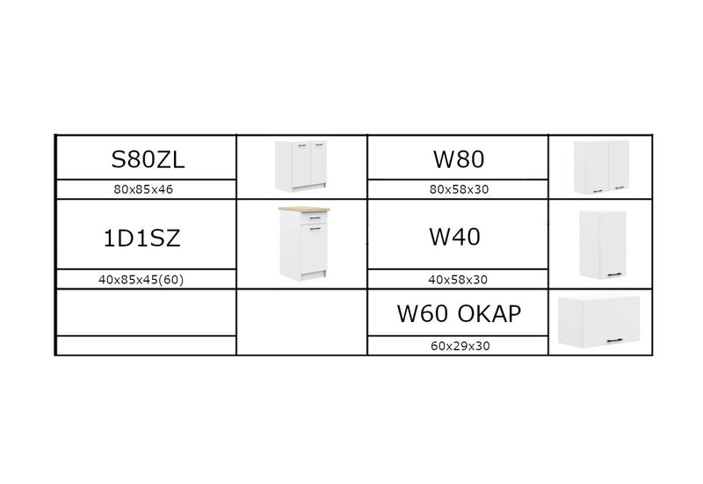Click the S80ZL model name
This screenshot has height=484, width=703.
148,159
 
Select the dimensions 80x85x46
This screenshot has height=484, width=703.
143,189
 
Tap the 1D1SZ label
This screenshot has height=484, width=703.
141,238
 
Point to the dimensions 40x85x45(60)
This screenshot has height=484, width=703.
141,280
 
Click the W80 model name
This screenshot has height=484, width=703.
459,159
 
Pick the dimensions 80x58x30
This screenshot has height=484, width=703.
459,189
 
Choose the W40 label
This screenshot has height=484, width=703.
454,237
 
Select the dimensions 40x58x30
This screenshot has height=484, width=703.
458,280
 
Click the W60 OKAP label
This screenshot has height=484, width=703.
459,313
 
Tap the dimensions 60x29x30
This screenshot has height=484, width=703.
460,346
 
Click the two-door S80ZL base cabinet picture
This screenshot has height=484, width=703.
301,166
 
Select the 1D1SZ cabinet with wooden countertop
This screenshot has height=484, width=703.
304,244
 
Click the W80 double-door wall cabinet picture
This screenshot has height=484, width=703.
601,167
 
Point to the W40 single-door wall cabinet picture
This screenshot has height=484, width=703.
603,245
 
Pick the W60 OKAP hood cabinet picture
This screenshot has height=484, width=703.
599,321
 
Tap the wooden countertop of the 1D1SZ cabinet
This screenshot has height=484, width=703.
304,209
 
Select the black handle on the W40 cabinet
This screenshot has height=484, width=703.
614,275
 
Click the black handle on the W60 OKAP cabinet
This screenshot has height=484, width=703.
614,341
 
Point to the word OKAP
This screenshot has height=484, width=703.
489,313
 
